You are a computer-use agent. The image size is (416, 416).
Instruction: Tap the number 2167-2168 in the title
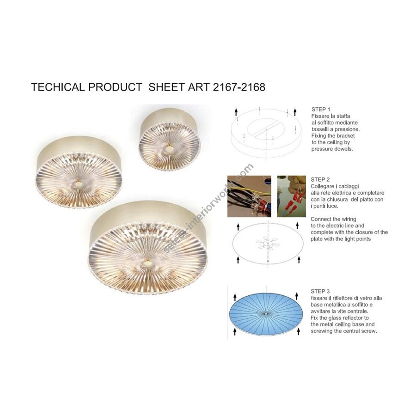(x=239, y=87)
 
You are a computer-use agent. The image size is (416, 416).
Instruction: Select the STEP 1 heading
(x=321, y=109)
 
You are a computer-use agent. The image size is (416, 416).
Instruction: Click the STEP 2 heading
(x=320, y=180)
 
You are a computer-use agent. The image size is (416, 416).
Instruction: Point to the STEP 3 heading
(x=320, y=291)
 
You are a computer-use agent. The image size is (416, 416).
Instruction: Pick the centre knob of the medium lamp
(x=78, y=183)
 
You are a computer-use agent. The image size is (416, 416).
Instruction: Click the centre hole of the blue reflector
(x=266, y=314)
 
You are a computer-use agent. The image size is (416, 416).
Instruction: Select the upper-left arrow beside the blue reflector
(x=235, y=297)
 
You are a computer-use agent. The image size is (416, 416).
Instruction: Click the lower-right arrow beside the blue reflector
(x=299, y=331)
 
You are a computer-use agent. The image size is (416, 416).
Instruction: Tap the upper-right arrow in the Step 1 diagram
(x=295, y=112)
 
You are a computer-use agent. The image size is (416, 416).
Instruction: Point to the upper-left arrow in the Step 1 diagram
(x=236, y=112)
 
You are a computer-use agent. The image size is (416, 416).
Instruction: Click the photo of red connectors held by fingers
(x=292, y=196)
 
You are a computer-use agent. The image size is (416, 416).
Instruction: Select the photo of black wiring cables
(x=249, y=196)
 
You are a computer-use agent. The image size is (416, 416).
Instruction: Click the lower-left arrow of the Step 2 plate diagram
(x=238, y=260)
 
